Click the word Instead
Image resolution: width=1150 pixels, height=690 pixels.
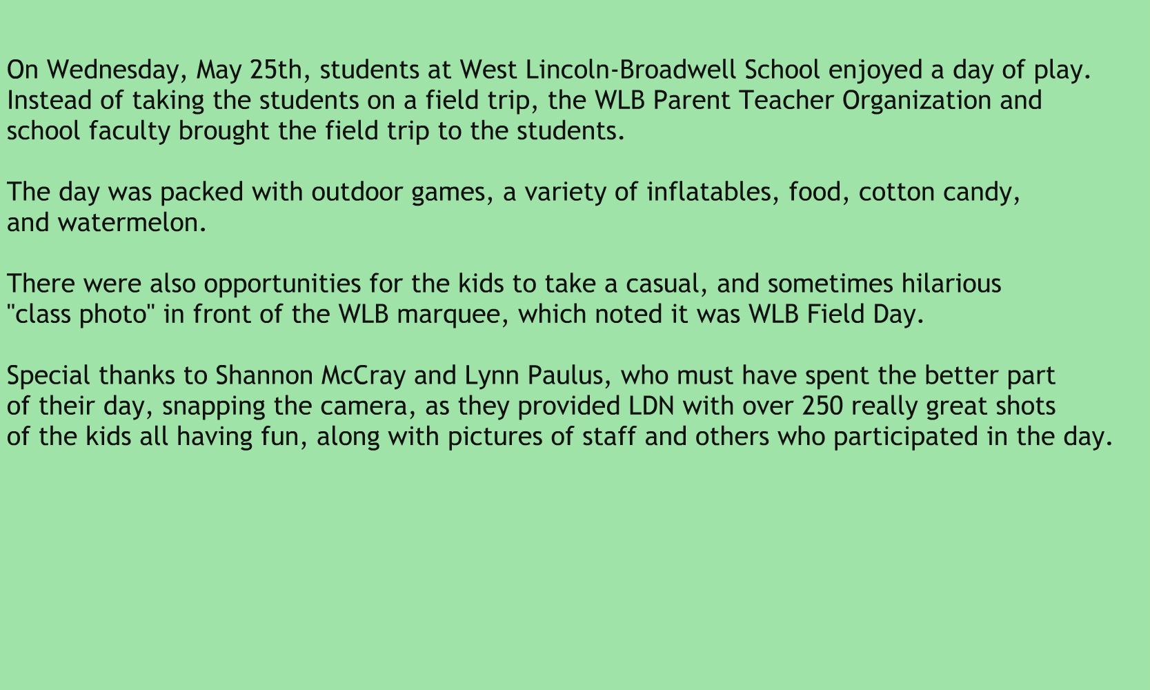[x=49, y=100]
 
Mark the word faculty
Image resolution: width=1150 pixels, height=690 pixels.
[x=130, y=132]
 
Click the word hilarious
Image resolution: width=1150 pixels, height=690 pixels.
[x=952, y=284]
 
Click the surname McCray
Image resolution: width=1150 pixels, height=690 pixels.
[x=364, y=376]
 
